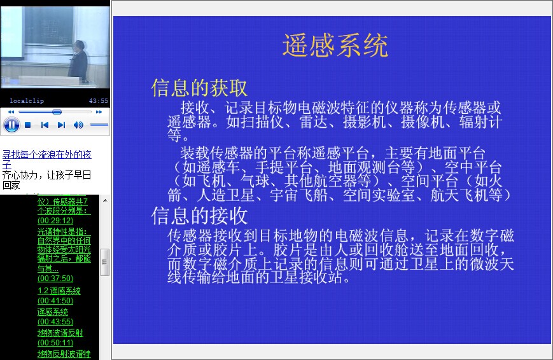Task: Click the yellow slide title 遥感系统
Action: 335,46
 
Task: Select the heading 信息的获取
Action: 199,88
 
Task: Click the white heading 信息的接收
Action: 199,216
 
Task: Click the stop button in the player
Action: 28,125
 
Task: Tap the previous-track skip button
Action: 45,125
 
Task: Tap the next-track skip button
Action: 61,125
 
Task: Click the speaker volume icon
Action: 78,125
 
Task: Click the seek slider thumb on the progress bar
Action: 57,112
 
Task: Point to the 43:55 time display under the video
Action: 99,101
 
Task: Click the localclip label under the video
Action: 27,101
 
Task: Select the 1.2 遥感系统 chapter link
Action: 59,291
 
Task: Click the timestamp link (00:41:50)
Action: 55,301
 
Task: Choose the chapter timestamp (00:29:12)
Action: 55,220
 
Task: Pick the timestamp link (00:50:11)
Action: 55,342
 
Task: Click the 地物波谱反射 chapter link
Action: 60,333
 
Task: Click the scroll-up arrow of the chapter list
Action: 105,200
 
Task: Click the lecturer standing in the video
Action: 78,60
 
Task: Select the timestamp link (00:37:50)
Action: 55,278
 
